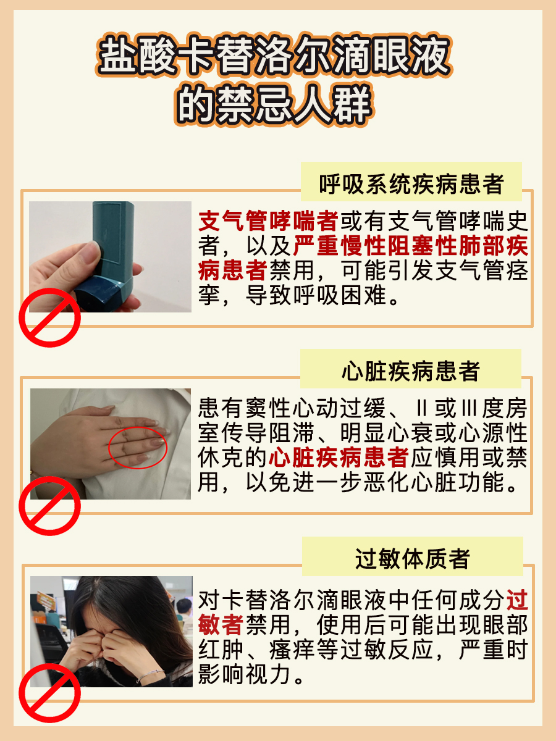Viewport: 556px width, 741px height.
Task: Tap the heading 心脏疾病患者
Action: (411, 372)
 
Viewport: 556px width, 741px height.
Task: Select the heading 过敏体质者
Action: (413, 559)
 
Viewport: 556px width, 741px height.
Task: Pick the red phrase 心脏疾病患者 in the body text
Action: (339, 458)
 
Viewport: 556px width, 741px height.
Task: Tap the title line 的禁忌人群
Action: (274, 104)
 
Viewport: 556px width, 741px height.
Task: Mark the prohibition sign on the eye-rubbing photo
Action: (49, 693)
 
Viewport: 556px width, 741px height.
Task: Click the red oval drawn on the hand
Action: (138, 447)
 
